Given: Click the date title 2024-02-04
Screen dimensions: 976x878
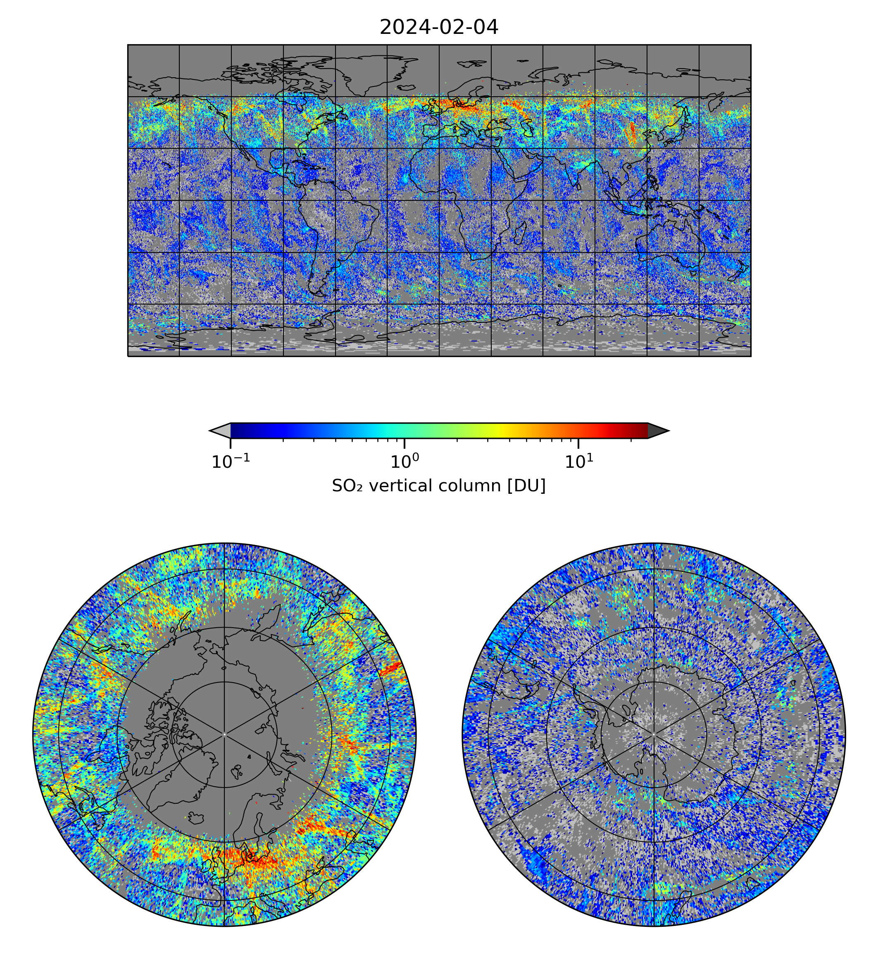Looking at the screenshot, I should (x=438, y=28).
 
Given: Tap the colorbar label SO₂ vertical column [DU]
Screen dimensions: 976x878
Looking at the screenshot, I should (x=438, y=486).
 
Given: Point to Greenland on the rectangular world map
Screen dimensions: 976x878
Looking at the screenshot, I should (x=366, y=72).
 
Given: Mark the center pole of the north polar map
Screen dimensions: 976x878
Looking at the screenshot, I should (x=224, y=734).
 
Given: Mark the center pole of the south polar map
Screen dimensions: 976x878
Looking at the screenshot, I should (x=654, y=734).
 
